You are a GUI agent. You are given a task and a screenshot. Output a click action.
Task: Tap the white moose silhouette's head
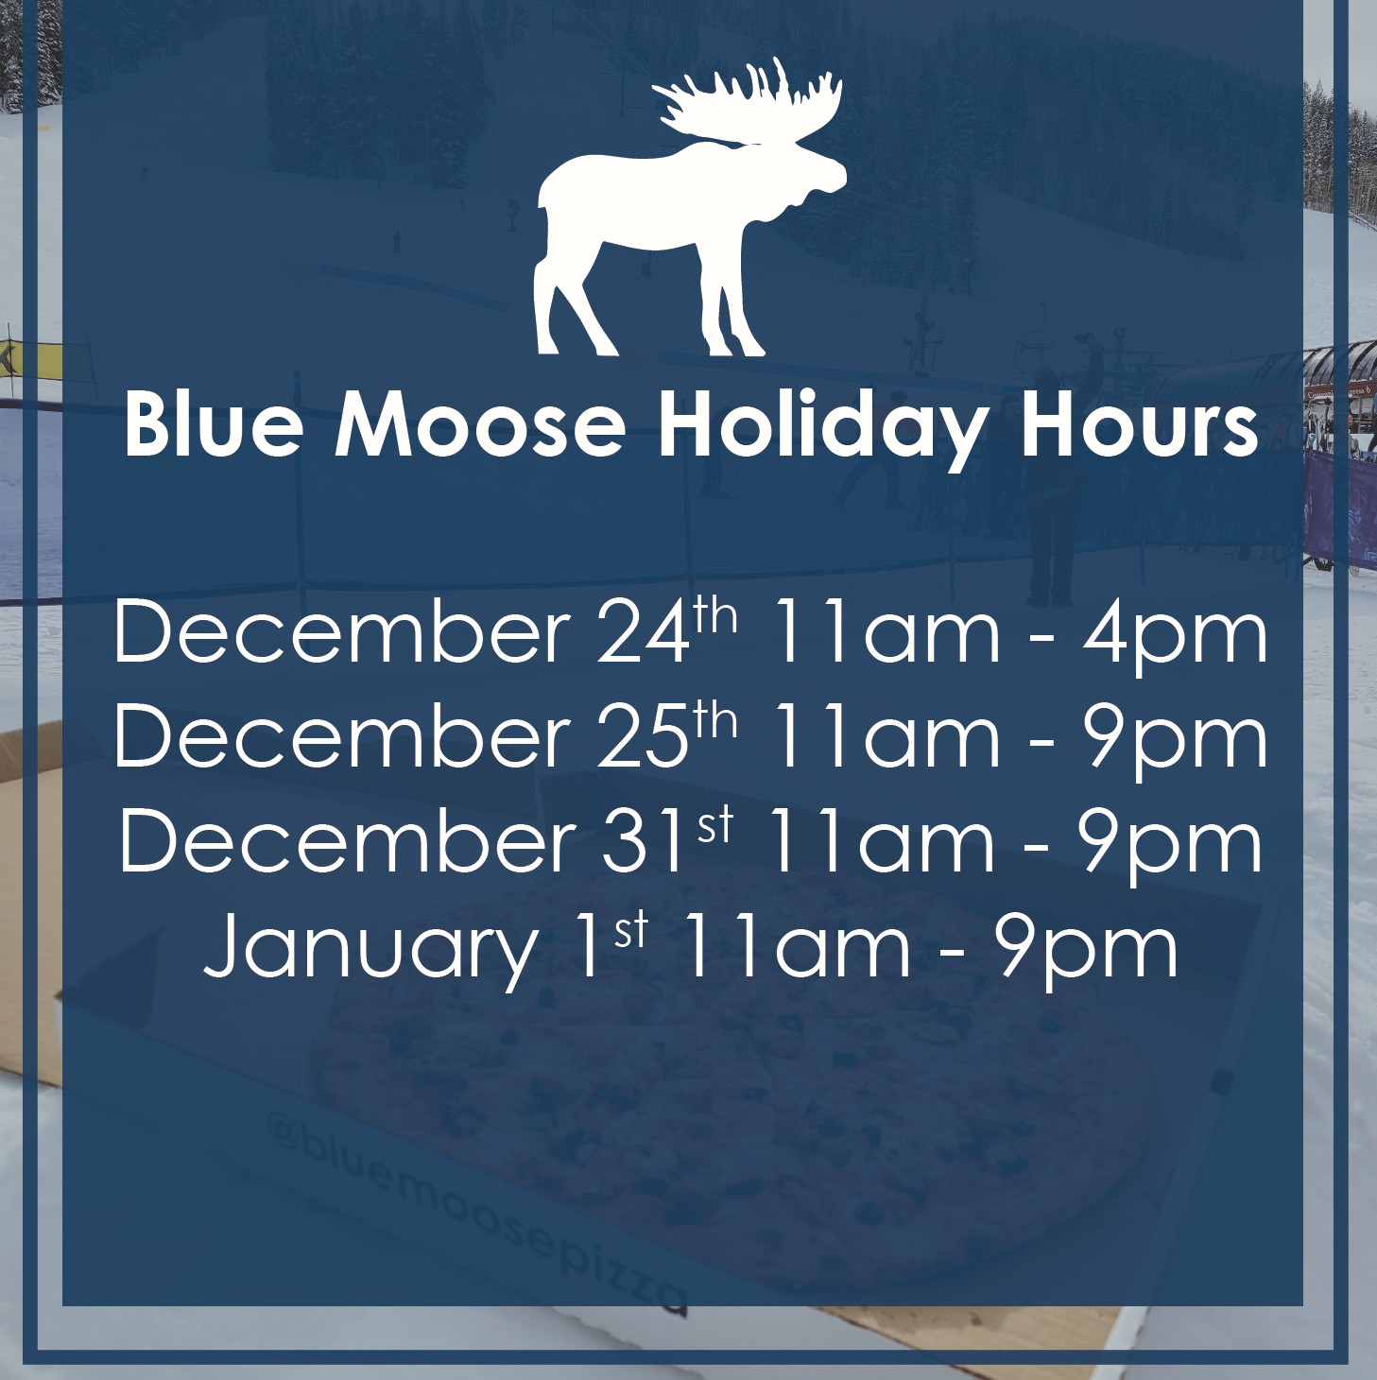point(809,176)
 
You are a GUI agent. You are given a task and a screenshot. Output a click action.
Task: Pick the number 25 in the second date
point(642,736)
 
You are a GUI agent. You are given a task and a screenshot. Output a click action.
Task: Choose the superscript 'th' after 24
point(716,616)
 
